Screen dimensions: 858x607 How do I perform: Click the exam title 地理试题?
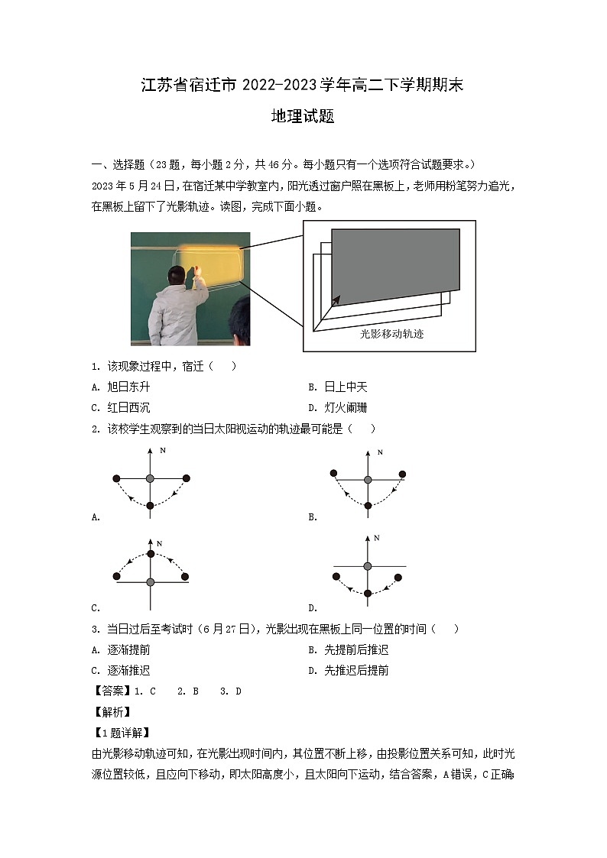pos(303,117)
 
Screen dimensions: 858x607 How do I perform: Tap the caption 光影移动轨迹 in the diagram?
pos(391,334)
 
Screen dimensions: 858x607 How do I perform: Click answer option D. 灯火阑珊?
pos(342,408)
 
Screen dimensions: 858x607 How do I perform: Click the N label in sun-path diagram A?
pos(162,451)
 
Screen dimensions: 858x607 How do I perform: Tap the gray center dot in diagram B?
pos(368,480)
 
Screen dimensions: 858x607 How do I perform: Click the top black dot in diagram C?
pos(151,553)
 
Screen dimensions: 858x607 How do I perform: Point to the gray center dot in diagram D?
pos(368,566)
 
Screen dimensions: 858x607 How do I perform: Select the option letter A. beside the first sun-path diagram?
pos(96,517)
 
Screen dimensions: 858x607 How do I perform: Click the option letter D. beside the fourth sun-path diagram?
pos(313,608)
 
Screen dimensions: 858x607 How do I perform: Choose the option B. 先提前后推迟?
pos(348,650)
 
